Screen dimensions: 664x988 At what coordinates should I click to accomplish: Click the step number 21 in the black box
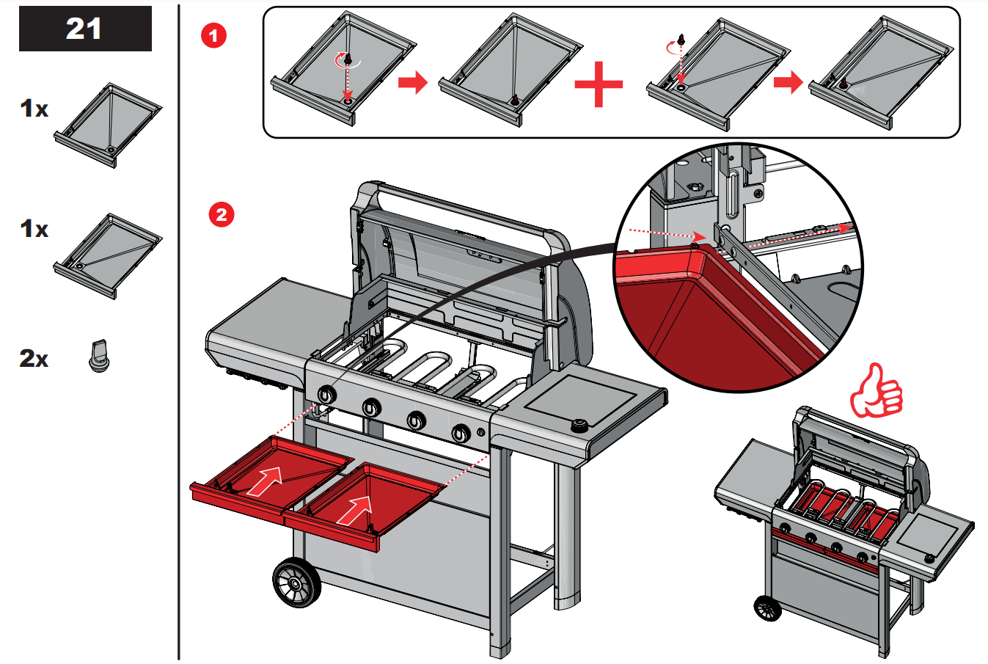tap(84, 29)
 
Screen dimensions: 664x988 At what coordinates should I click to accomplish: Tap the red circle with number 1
tap(213, 34)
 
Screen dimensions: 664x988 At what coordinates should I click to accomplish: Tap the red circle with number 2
tap(221, 214)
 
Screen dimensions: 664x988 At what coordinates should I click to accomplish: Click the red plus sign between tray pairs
tap(599, 84)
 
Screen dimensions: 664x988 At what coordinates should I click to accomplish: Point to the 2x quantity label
tap(34, 359)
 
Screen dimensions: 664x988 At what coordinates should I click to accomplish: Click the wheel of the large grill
tap(296, 583)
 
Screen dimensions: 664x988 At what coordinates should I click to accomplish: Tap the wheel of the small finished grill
tap(767, 608)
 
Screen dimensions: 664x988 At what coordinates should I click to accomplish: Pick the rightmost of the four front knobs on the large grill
tap(461, 434)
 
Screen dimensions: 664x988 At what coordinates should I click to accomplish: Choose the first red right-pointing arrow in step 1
tap(413, 82)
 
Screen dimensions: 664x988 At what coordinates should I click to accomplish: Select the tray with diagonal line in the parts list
tap(108, 255)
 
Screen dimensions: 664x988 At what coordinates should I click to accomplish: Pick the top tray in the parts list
tap(108, 124)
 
